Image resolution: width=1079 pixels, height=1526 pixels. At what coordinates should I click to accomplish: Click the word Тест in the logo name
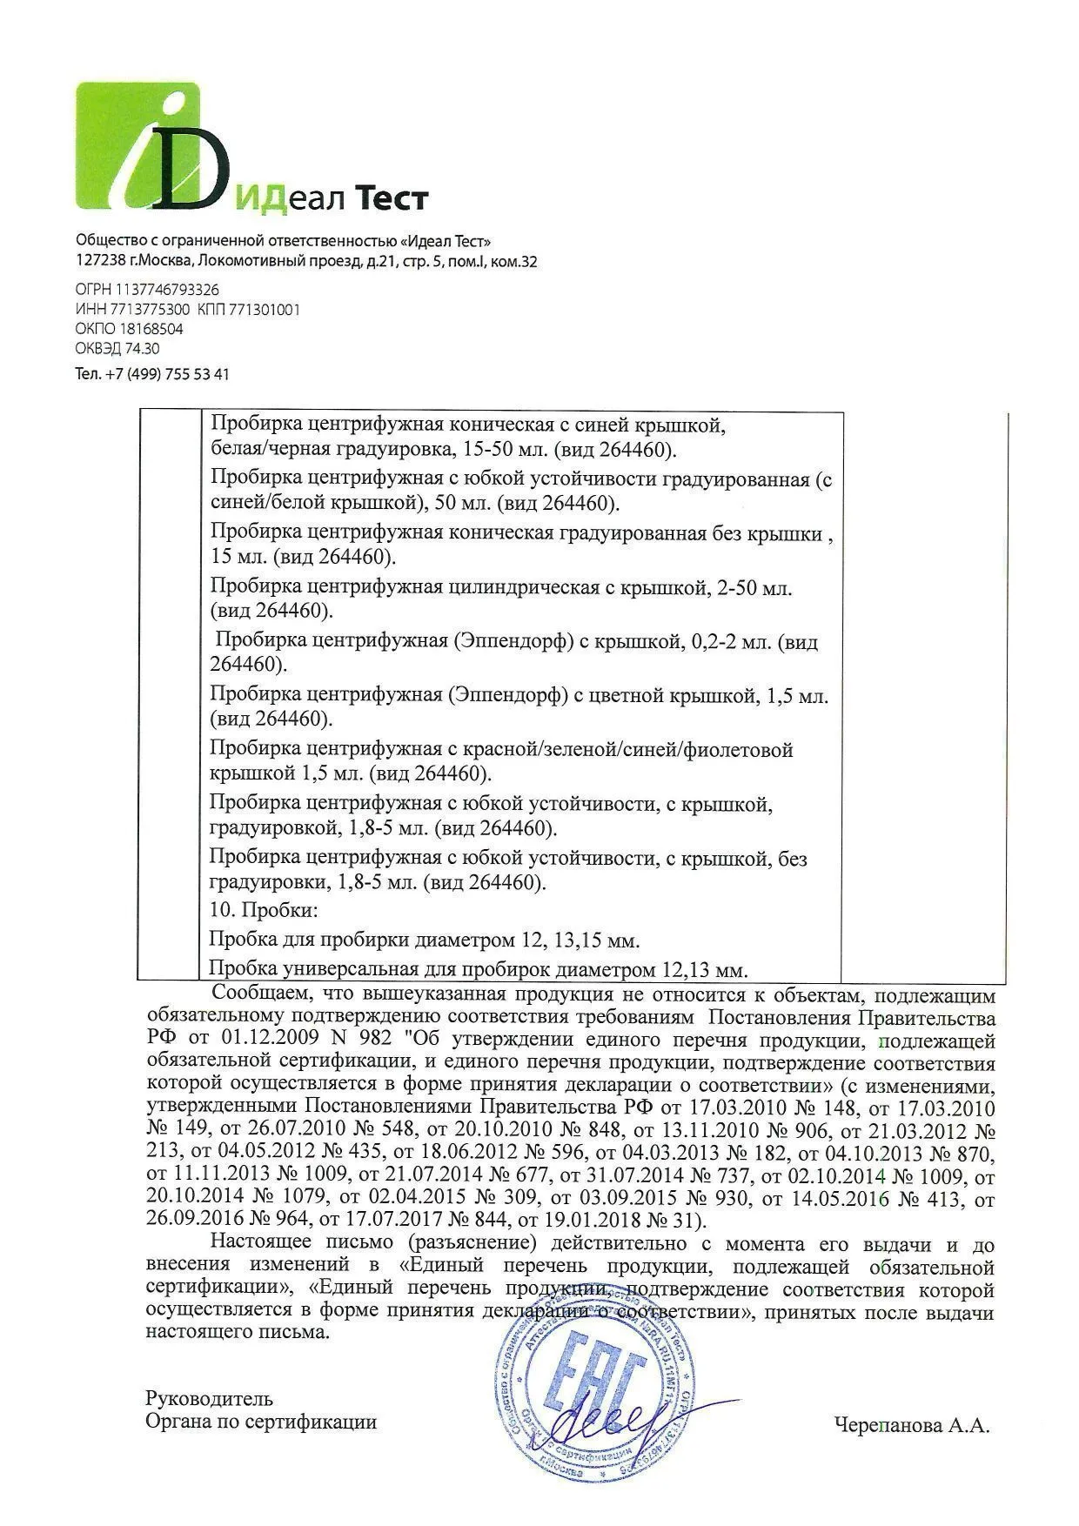388,198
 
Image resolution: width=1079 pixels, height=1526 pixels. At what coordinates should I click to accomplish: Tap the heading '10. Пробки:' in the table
265,912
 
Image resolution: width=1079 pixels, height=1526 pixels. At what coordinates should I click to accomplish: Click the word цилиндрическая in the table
522,588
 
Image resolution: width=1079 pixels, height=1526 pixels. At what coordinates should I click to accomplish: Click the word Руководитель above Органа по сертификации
209,1399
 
